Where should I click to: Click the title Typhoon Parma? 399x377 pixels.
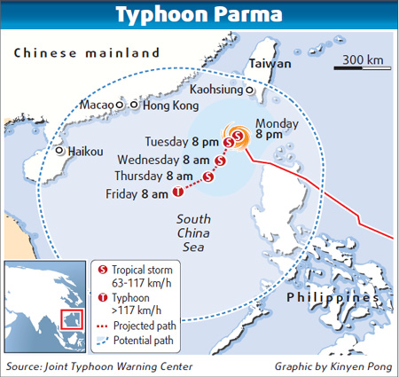click(x=199, y=16)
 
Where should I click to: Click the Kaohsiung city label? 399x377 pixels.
click(x=219, y=90)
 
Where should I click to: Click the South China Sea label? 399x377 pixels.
click(x=192, y=233)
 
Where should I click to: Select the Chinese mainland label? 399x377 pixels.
click(x=86, y=52)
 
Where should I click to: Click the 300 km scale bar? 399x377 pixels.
click(x=361, y=67)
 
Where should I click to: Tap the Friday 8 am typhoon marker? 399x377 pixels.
click(x=177, y=192)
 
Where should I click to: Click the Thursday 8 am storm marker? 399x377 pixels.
click(x=208, y=177)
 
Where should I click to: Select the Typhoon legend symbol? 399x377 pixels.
click(x=102, y=298)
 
